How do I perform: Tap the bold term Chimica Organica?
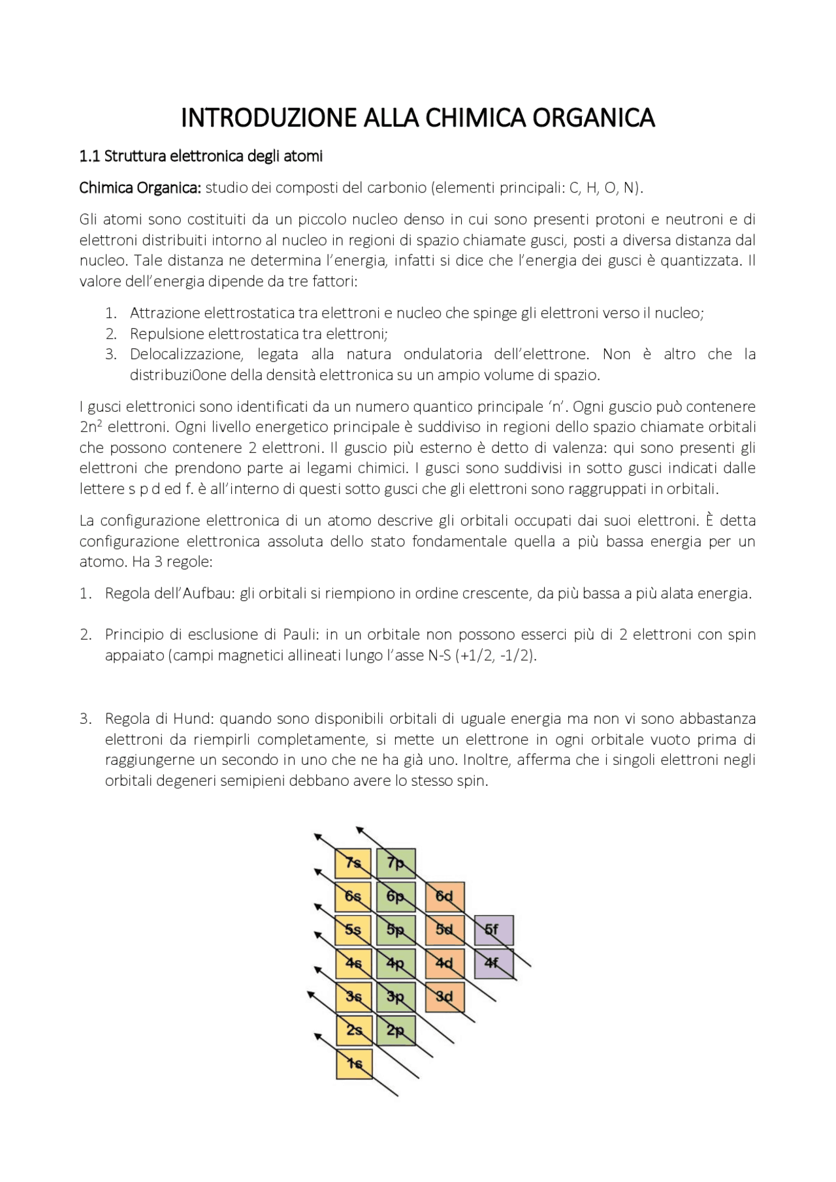tap(140, 188)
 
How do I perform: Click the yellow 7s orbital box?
tap(353, 863)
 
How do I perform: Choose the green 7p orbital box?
tap(396, 863)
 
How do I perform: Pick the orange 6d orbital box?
tap(445, 896)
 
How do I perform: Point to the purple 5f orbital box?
tap(493, 929)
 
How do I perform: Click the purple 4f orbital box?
tap(493, 963)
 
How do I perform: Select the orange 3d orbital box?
tap(445, 997)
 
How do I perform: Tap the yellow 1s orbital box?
tap(354, 1064)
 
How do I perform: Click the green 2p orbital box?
tap(396, 1031)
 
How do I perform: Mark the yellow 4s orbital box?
tap(354, 963)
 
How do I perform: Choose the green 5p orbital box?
tap(396, 929)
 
